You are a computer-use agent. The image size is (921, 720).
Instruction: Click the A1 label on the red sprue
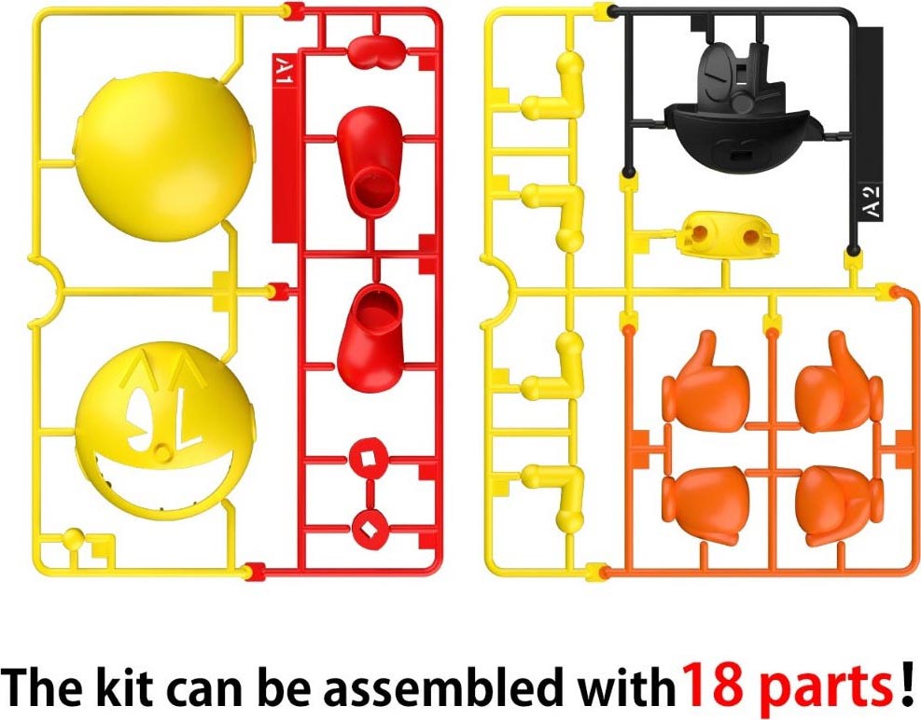284,71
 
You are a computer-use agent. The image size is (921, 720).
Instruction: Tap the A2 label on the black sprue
873,201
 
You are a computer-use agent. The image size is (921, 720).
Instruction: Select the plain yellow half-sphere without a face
165,156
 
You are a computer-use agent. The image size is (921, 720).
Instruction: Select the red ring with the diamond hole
369,530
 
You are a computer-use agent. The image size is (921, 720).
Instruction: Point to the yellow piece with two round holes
727,236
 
